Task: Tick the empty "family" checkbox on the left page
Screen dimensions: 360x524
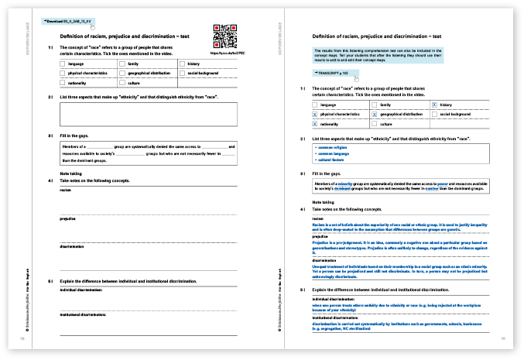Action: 122,64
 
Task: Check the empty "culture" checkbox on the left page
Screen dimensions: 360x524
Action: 122,82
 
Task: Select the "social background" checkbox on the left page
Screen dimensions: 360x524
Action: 182,73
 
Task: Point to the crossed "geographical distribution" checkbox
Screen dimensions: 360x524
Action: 375,114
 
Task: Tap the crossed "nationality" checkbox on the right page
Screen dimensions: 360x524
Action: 314,124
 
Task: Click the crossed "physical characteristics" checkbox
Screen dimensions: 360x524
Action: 314,114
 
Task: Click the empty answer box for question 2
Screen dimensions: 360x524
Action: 147,114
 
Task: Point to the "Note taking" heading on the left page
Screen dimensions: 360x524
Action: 70,173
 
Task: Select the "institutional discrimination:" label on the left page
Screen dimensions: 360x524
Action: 83,315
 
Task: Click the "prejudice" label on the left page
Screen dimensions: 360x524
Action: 68,219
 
